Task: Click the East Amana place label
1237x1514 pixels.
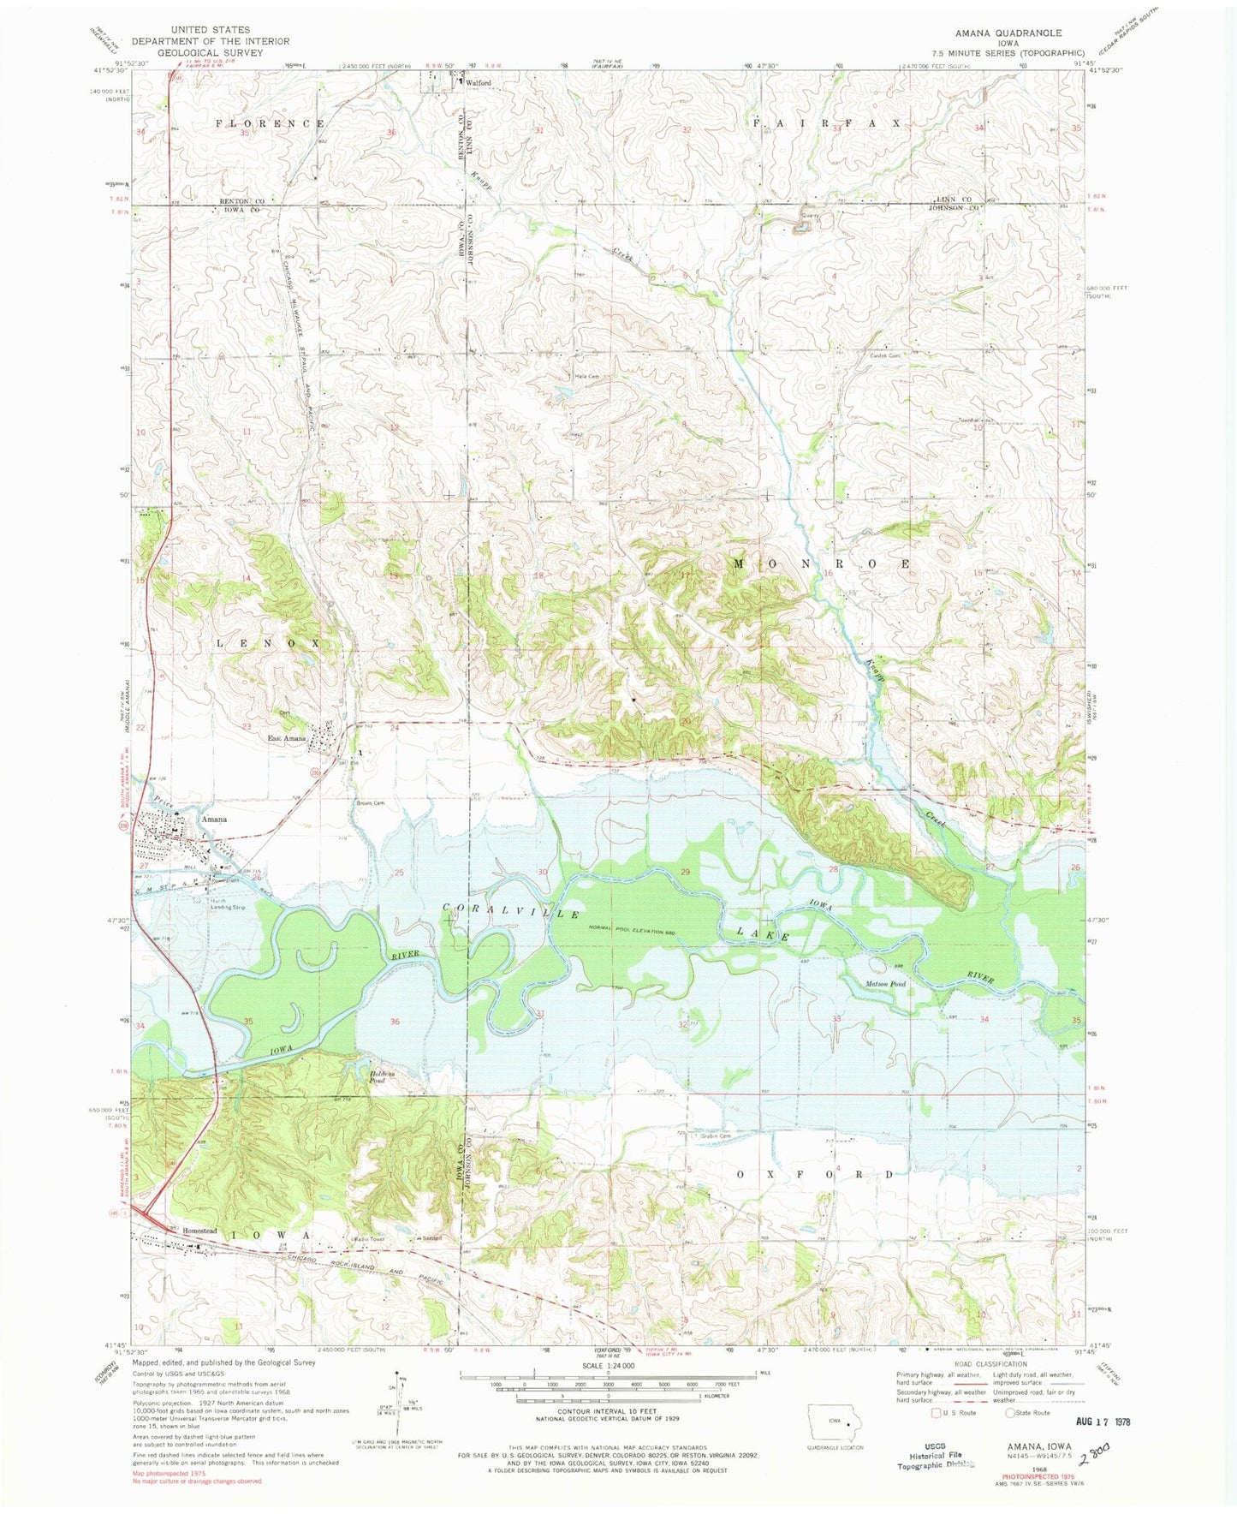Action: pos(286,739)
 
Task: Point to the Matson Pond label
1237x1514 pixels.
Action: pos(885,984)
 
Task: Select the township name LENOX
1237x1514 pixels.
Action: pos(267,642)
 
